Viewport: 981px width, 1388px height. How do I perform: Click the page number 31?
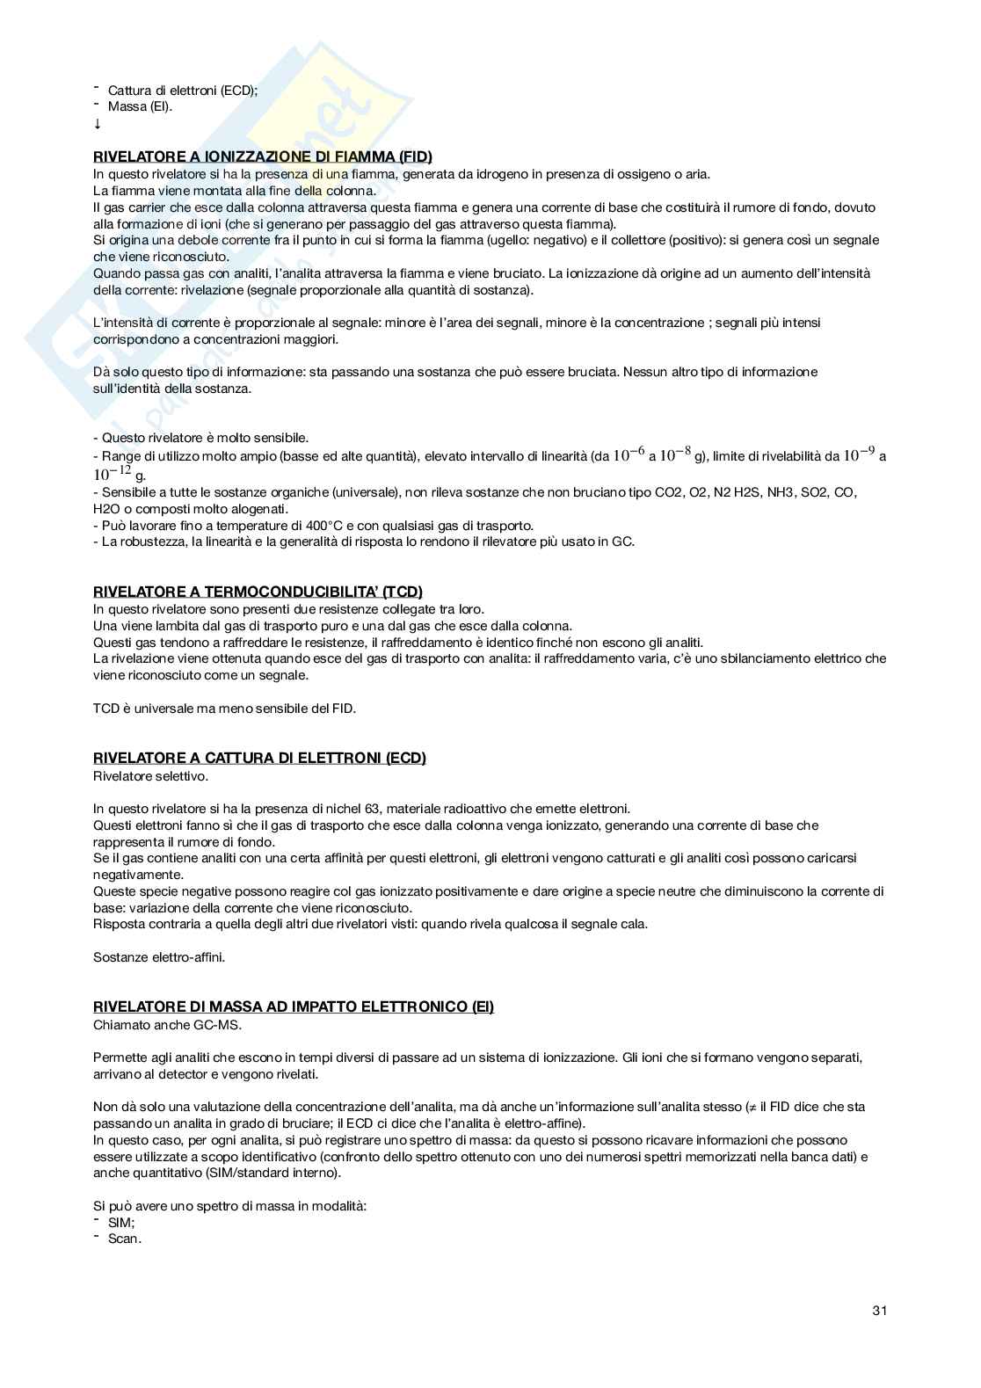coord(879,1311)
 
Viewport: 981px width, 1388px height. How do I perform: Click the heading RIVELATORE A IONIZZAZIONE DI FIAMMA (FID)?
coord(263,157)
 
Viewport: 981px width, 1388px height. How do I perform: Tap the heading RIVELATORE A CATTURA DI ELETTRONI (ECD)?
coord(259,759)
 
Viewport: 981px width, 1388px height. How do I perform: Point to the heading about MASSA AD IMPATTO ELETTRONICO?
coord(294,1007)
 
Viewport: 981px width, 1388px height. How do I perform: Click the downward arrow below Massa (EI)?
coord(98,125)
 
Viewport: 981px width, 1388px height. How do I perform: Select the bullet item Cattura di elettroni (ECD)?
coord(182,91)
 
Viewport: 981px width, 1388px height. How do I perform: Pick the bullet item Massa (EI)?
coord(140,107)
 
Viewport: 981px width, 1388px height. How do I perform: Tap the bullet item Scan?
coord(124,1239)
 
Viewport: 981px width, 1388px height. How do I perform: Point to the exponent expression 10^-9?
coord(859,455)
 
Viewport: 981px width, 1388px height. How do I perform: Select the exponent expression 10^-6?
coord(629,455)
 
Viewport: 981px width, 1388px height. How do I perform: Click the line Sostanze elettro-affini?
coord(159,957)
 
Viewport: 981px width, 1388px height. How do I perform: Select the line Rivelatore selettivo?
coord(150,775)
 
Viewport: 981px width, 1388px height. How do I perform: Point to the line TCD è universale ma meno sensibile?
coord(224,709)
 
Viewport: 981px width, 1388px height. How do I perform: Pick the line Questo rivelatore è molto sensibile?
coord(200,438)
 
